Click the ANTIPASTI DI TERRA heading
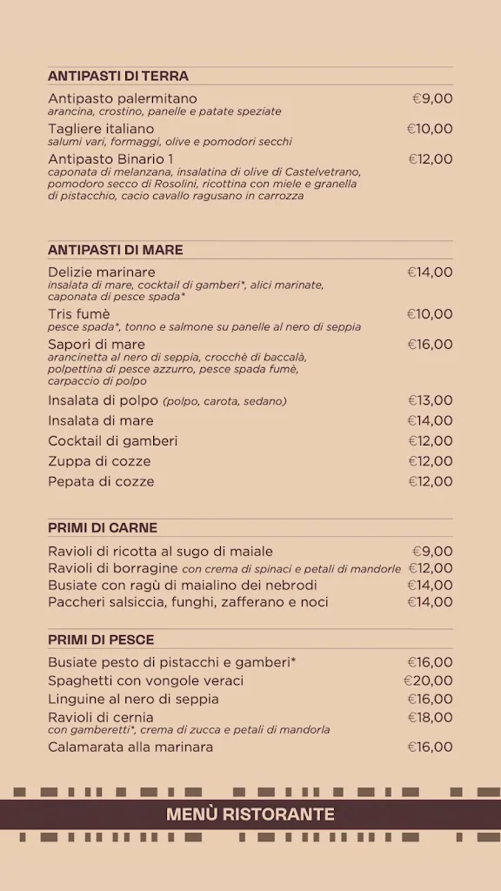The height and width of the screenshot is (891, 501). click(118, 77)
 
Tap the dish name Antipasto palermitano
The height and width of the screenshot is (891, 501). click(123, 98)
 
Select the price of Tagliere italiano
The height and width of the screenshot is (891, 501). click(430, 129)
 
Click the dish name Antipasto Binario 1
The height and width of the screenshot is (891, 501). click(110, 158)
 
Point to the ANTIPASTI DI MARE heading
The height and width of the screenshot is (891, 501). click(116, 251)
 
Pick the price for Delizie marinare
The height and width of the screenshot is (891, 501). click(430, 271)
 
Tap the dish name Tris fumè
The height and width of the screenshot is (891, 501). click(79, 314)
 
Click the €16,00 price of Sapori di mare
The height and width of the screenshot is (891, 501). click(430, 345)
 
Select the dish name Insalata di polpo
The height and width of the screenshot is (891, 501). click(104, 400)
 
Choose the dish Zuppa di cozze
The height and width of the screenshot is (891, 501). click(99, 461)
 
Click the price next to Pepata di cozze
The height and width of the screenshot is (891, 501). click(431, 481)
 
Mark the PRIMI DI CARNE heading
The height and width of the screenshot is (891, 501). click(103, 528)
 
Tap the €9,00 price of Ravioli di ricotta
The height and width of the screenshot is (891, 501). click(432, 551)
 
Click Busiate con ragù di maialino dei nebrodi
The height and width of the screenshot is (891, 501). click(183, 585)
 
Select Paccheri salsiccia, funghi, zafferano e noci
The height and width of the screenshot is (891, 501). click(188, 602)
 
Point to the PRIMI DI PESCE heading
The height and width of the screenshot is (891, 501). click(101, 640)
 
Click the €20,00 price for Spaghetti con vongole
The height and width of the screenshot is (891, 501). click(428, 680)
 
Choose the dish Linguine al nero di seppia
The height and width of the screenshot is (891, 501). click(133, 699)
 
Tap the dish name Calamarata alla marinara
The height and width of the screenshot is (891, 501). click(130, 747)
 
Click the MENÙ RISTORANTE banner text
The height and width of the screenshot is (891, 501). click(250, 815)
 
